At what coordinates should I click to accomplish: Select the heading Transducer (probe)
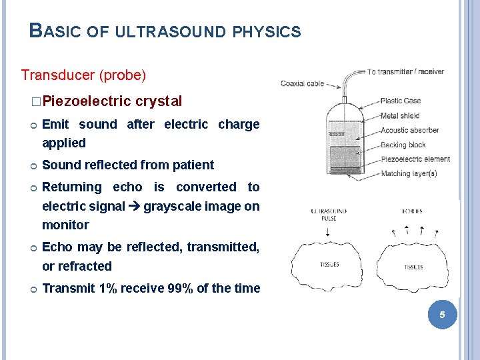coord(83,75)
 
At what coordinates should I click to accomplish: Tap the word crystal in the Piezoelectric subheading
coord(159,101)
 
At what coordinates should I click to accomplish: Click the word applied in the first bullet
coord(64,143)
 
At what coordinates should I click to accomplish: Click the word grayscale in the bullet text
coord(168,206)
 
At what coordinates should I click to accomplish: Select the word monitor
coord(65,225)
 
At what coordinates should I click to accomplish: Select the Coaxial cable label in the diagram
coord(302,83)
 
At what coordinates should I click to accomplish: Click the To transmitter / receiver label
coord(411,71)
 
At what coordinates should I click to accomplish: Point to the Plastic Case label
coord(400,101)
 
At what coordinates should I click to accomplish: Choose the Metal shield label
coord(399,115)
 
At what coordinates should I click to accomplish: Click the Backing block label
coord(403,145)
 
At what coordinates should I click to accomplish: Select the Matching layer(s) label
coord(408,174)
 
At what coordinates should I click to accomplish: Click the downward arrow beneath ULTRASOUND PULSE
coord(329,233)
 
